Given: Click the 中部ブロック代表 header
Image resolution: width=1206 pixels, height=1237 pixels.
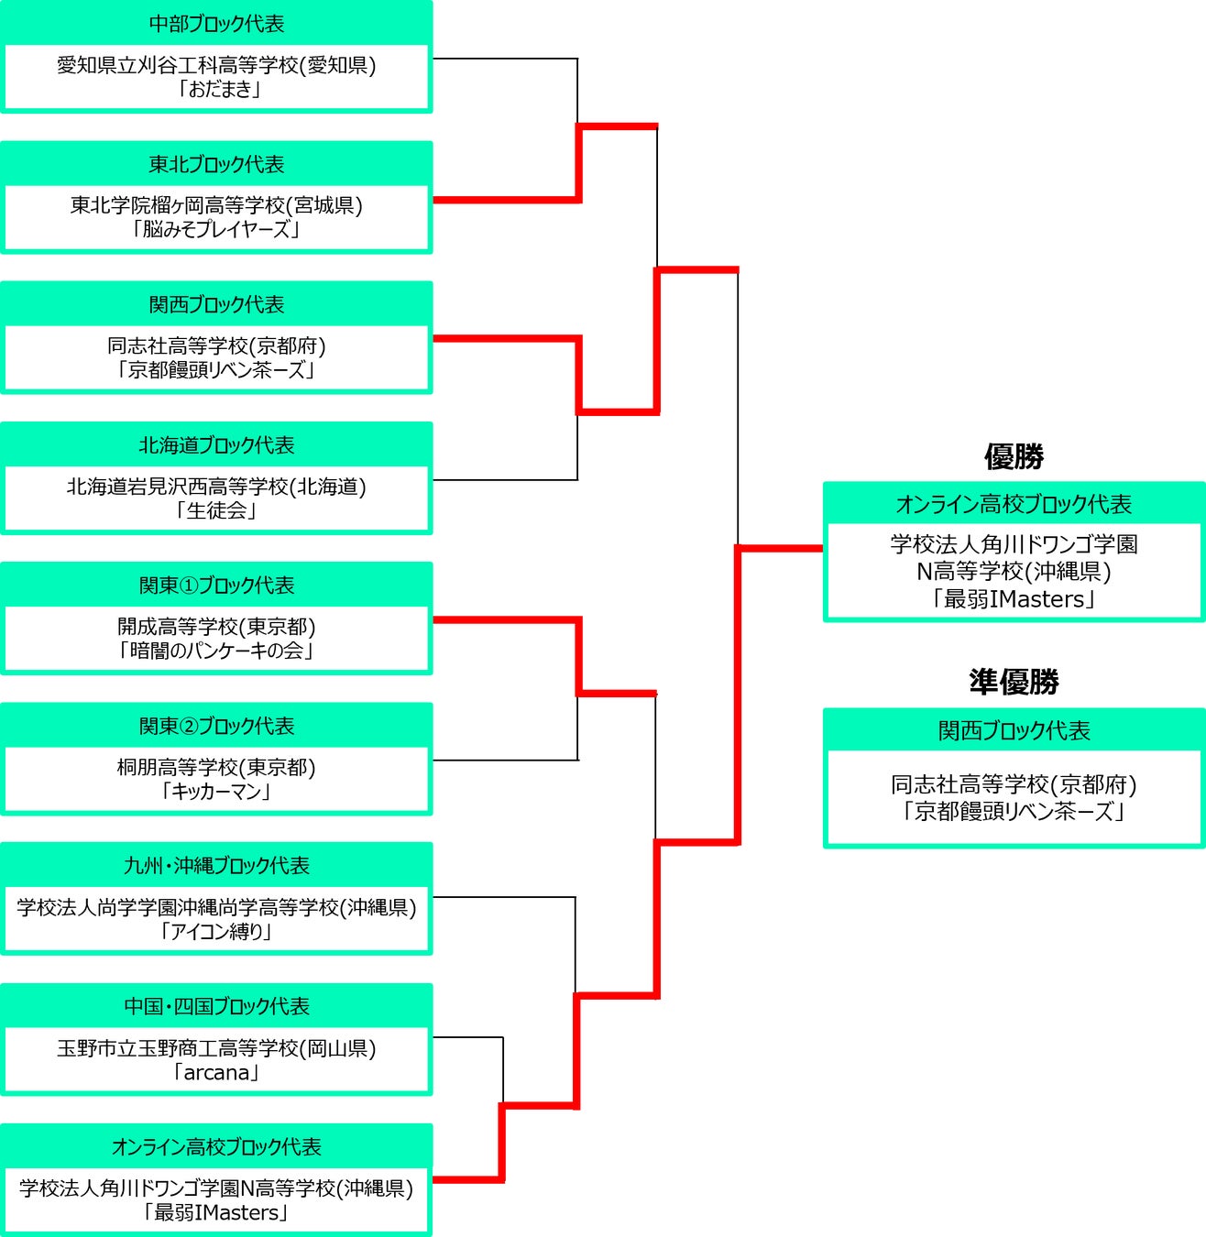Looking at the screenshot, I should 216,24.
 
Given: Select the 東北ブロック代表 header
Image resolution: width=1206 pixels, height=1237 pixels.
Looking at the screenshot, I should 216,164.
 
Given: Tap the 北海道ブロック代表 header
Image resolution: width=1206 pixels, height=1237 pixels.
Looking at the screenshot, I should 216,445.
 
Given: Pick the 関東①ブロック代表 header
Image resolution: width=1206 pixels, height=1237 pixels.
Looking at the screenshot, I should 216,586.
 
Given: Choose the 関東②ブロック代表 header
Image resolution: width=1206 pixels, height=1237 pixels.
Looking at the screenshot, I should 216,726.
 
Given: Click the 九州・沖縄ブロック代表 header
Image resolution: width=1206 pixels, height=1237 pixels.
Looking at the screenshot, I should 216,866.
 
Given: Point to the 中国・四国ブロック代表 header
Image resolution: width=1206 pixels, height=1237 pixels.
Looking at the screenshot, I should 216,1006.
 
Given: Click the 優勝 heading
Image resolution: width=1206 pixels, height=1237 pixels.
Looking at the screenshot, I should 1014,456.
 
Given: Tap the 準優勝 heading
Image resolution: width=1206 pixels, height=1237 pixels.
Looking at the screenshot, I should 1014,682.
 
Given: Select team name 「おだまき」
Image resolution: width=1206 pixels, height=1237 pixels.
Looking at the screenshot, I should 216,90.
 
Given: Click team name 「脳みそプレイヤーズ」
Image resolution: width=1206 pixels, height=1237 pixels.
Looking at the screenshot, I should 216,230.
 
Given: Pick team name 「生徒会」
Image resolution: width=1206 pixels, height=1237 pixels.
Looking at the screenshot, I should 216,510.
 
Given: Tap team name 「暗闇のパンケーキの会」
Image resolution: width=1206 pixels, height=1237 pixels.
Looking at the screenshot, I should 216,651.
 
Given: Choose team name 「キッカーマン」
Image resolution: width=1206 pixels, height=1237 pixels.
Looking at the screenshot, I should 216,791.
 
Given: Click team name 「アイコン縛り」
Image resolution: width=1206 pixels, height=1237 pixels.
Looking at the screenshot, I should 216,932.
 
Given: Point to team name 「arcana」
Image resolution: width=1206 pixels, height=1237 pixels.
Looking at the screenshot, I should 216,1072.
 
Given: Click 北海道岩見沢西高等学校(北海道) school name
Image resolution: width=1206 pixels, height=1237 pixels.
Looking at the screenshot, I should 216,487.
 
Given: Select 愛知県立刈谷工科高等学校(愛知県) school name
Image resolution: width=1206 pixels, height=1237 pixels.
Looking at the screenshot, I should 216,65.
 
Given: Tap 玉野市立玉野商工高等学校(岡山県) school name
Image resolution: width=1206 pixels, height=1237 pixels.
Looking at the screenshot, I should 216,1048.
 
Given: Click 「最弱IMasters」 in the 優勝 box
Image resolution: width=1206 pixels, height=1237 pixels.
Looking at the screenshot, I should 1014,599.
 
